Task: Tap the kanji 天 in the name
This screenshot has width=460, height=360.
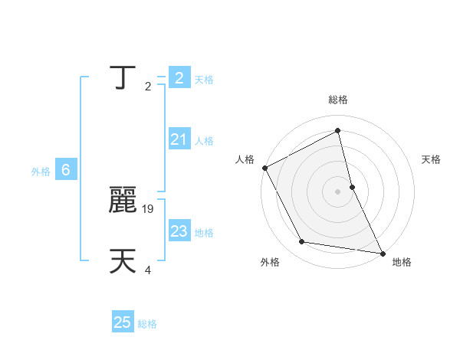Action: click(x=123, y=261)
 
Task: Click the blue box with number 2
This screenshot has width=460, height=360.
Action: click(x=179, y=77)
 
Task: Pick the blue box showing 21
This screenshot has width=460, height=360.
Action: click(x=179, y=139)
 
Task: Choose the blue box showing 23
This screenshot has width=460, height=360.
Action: click(x=179, y=231)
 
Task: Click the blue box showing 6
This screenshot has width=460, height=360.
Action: click(x=66, y=170)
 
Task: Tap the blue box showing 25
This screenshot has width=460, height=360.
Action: click(x=123, y=322)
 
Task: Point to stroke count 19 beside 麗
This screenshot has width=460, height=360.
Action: click(x=149, y=208)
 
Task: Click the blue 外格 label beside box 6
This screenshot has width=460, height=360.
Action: click(x=41, y=172)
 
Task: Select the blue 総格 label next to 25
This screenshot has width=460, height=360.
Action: click(x=147, y=325)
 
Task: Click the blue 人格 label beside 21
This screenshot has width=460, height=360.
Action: click(x=204, y=141)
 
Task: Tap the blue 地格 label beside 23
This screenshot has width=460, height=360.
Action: click(x=204, y=233)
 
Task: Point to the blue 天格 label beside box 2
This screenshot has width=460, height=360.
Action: click(x=204, y=80)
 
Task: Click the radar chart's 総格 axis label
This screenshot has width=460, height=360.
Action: click(x=338, y=100)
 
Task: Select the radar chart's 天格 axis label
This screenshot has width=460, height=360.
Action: click(x=432, y=159)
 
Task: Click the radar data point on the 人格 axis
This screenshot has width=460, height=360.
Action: click(x=265, y=168)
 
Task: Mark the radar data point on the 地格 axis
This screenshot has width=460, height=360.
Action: click(x=382, y=252)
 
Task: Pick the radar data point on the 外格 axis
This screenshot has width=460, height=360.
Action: click(x=302, y=242)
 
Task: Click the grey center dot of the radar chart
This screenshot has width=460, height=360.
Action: click(x=338, y=191)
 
